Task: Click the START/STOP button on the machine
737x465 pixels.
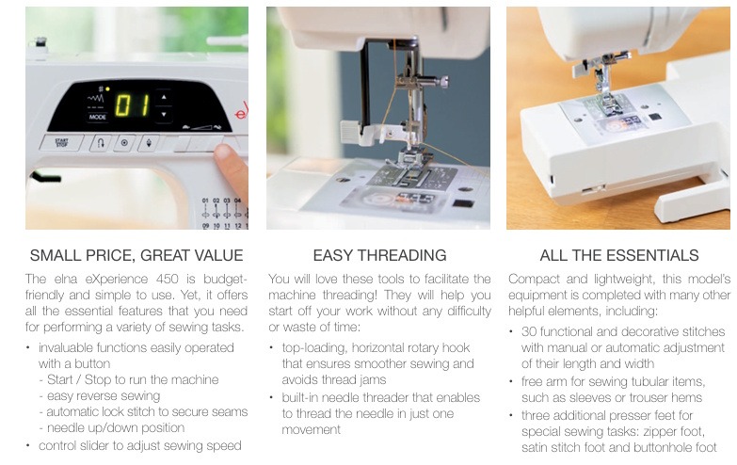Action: click(61, 142)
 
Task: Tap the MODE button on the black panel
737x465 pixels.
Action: click(97, 117)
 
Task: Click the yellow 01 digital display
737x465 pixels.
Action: click(132, 105)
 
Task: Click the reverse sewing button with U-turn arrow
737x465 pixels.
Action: click(101, 143)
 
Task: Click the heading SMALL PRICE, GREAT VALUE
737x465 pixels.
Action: click(136, 255)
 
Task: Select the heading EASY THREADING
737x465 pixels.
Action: click(379, 255)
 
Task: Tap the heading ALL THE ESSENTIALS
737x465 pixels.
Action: click(619, 255)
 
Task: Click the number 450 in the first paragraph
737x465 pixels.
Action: click(167, 279)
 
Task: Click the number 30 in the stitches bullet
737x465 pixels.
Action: click(529, 331)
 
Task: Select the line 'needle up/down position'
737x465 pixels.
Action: click(112, 428)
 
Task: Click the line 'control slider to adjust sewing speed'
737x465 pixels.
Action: click(140, 446)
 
